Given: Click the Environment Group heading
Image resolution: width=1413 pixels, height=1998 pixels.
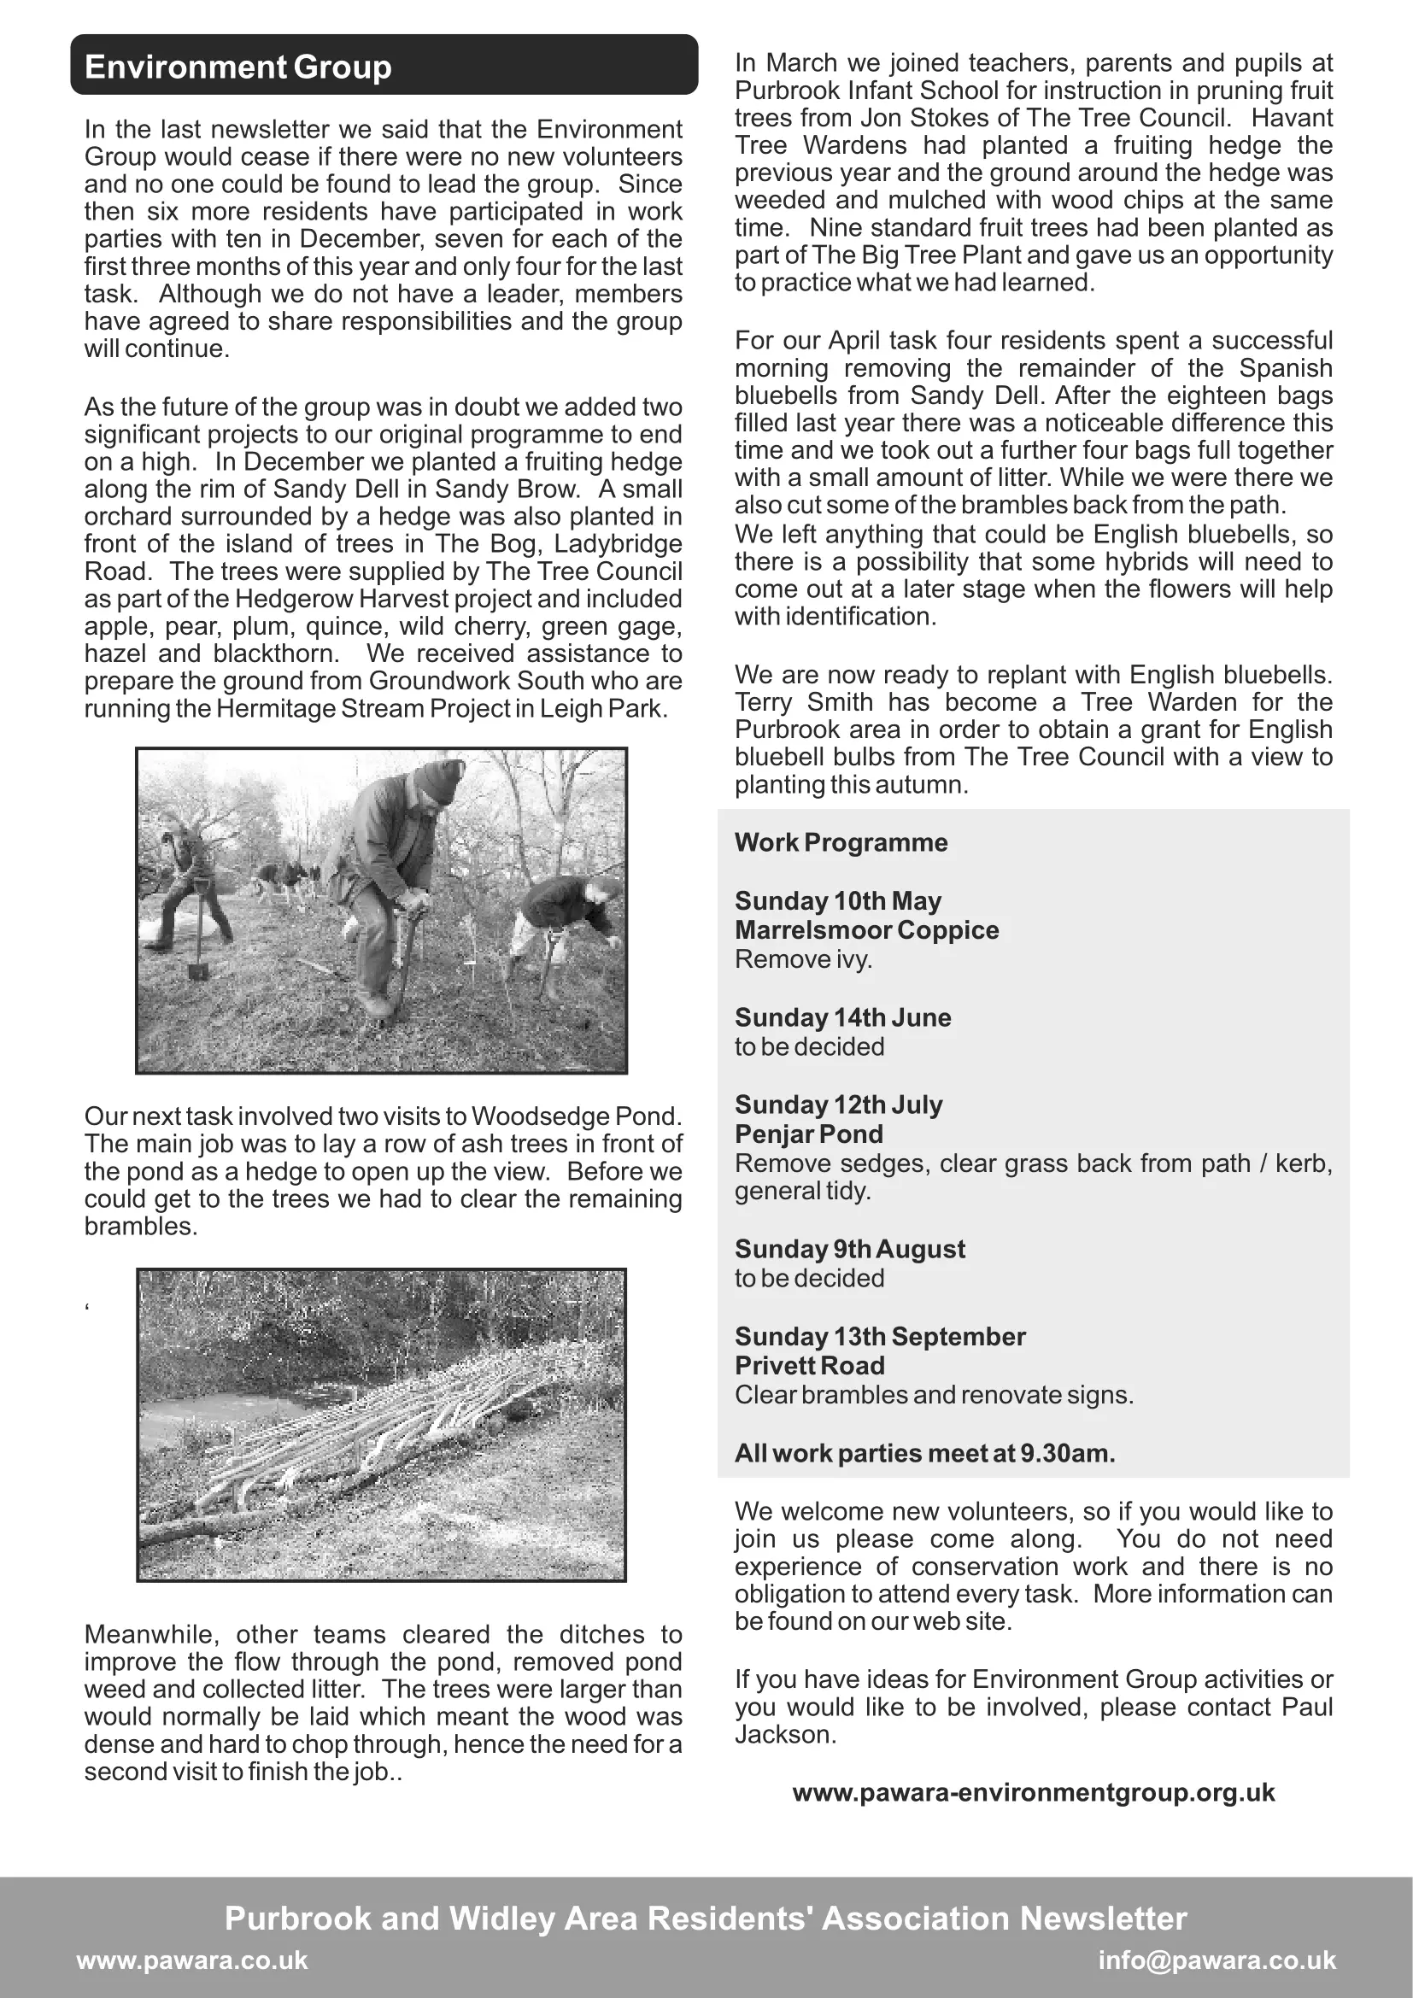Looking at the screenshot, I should click(x=237, y=67).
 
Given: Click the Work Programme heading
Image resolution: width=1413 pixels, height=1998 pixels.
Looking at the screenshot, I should click(x=841, y=842).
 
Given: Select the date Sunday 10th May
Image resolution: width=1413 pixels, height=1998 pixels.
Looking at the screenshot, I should click(x=837, y=900).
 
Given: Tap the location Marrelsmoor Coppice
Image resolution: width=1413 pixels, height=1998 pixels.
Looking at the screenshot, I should click(x=865, y=930).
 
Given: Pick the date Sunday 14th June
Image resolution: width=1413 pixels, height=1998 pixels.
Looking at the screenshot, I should click(x=842, y=1017).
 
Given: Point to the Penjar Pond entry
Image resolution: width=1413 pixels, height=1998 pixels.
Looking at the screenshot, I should click(x=808, y=1134).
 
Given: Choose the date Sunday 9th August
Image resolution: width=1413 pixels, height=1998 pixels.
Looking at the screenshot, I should click(x=849, y=1249).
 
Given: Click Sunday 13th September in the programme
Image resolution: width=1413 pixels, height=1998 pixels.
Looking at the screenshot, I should click(x=880, y=1337).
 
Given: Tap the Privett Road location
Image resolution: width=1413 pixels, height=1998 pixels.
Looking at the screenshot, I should click(x=809, y=1365).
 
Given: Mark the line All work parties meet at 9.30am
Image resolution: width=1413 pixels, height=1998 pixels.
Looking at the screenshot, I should click(x=924, y=1453).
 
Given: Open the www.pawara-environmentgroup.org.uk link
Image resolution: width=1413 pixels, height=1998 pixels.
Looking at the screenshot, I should click(x=1033, y=1793).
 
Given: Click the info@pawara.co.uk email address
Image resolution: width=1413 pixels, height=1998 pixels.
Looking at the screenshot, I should click(x=1217, y=1960).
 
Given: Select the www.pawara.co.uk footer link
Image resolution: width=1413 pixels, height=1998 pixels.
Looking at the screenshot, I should click(x=192, y=1960).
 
